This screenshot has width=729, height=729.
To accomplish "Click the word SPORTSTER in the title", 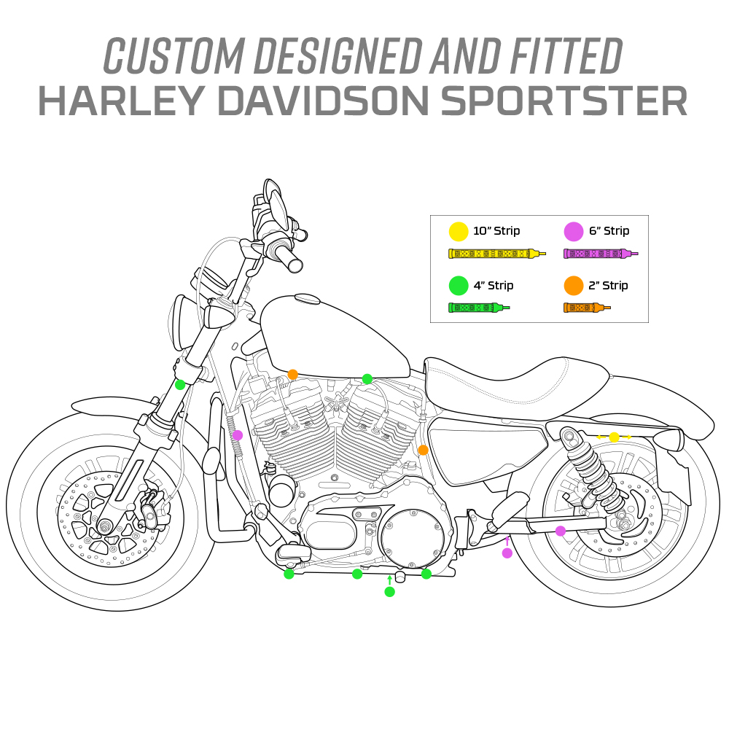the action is click(564, 101).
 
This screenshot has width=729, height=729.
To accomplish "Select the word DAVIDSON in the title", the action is click(323, 101).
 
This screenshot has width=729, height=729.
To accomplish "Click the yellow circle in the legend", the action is click(459, 232).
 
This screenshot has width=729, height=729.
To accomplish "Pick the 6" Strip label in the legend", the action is click(609, 230).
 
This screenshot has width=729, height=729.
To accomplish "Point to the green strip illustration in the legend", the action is click(479, 308).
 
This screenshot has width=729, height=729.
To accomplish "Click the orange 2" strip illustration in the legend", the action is click(587, 308).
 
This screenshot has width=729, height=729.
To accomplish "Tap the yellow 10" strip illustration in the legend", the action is click(497, 254).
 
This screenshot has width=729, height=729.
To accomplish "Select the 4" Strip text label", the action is click(494, 286).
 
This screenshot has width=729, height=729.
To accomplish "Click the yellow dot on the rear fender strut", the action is click(614, 437).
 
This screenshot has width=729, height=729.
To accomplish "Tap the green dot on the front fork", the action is click(180, 384).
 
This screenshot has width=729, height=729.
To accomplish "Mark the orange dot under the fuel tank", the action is click(292, 374).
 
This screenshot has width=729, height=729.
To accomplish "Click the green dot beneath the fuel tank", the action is click(367, 379).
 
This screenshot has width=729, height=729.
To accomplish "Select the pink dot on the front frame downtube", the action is click(238, 435).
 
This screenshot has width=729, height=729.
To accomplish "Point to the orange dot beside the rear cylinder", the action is click(423, 450).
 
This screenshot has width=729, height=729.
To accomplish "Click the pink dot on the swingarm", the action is click(561, 531).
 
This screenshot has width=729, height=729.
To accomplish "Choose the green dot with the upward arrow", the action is click(389, 591).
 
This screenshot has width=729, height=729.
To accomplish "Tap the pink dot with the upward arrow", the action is click(507, 553).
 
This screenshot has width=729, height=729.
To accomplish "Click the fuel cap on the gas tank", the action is click(306, 299).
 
